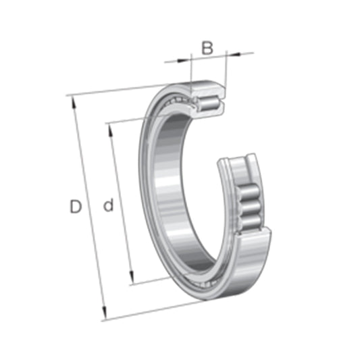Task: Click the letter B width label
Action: click(207, 48)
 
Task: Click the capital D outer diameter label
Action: click(76, 207)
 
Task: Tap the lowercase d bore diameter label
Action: click(108, 206)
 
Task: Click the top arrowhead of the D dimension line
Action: click(72, 101)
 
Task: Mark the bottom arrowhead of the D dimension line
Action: click(105, 314)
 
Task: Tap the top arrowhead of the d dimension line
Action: click(109, 128)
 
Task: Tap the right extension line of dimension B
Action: click(226, 68)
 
